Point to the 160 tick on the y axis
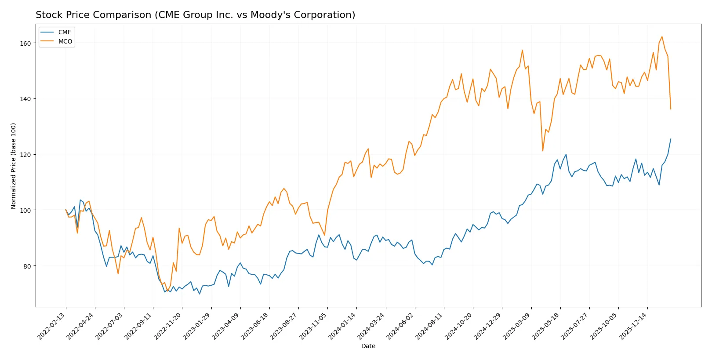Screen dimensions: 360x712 [x=25, y=44]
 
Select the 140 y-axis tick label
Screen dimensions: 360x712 [x=25, y=99]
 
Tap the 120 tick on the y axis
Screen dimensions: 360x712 [x=25, y=155]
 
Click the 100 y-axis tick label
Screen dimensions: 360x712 [x=25, y=211]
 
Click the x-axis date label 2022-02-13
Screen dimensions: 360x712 [x=51, y=326]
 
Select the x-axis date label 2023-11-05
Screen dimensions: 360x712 [x=313, y=326]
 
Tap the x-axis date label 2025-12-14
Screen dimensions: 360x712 [x=633, y=326]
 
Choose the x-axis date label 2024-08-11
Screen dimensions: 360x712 [x=429, y=326]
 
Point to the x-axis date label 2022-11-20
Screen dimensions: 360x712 [x=168, y=326]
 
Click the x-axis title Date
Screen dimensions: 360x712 [x=368, y=346]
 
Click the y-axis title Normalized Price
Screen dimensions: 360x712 [x=14, y=166]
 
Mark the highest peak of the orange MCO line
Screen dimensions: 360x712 [x=662, y=37]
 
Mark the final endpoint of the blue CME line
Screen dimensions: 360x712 [x=671, y=139]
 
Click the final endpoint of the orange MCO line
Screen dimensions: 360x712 [x=671, y=109]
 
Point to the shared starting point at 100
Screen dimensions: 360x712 [x=66, y=210]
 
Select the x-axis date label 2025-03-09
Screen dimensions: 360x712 [x=516, y=326]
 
